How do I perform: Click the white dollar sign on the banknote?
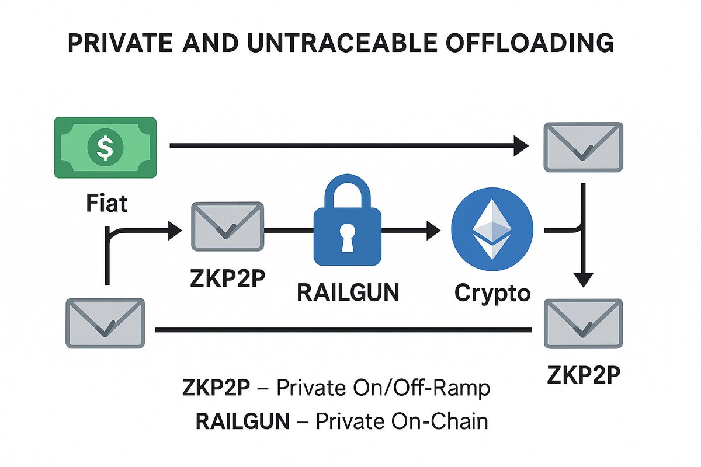[x=105, y=147]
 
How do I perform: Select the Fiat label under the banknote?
[x=106, y=205]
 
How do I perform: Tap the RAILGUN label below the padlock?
[x=348, y=291]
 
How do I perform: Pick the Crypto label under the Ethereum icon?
[x=492, y=291]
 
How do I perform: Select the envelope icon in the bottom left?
[x=105, y=323]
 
